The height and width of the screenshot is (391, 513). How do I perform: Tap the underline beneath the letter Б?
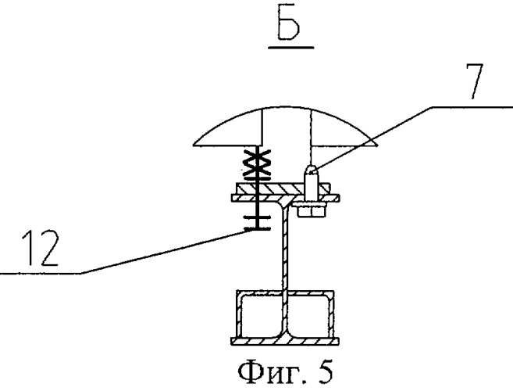click(x=290, y=48)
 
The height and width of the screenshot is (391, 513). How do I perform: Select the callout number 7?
click(x=475, y=81)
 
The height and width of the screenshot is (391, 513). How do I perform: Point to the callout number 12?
click(x=41, y=248)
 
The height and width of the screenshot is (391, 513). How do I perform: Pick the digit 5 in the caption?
click(x=324, y=371)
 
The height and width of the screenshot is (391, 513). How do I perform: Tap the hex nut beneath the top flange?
click(x=312, y=210)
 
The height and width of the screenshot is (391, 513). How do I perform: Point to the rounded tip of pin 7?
click(x=311, y=169)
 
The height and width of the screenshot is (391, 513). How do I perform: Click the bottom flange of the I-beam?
click(x=285, y=341)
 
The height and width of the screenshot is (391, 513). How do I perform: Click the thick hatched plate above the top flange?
click(x=282, y=188)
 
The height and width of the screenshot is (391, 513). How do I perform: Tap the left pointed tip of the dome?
click(x=194, y=144)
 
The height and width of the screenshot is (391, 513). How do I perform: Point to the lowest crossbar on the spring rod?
click(x=257, y=229)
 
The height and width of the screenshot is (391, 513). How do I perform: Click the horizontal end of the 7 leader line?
click(x=471, y=107)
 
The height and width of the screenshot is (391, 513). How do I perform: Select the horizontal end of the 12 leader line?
click(x=41, y=273)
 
